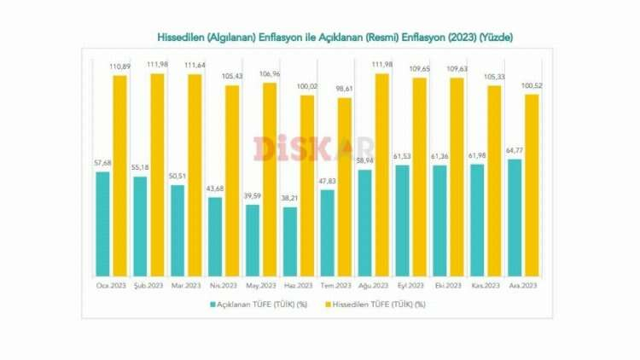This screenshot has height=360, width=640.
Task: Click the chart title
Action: (335, 38)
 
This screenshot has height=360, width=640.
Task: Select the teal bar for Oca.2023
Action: (103, 224)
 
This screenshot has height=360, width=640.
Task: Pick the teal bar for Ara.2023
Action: (515, 218)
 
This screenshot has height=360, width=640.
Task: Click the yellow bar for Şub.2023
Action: (158, 175)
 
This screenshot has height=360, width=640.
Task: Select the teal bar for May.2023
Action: (253, 241)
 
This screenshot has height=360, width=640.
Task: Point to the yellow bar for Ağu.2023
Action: (382, 175)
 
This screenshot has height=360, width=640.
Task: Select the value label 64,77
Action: (515, 151)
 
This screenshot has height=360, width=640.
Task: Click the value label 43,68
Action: (216, 189)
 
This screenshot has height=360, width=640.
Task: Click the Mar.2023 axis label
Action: (186, 285)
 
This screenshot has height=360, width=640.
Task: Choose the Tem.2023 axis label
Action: (335, 285)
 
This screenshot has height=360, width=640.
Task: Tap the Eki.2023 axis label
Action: (448, 285)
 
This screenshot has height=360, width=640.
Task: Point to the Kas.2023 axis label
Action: (485, 285)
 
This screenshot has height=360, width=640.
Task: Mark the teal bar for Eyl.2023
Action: (403, 221)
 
